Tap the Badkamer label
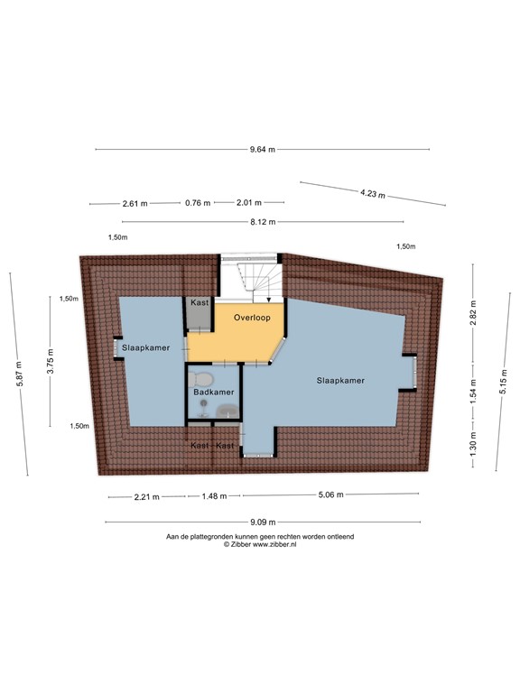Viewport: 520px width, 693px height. coord(214,393)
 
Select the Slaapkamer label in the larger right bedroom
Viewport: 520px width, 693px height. coord(340,381)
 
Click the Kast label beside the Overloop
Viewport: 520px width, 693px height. coord(199,303)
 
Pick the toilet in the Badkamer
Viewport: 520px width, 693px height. coord(203,377)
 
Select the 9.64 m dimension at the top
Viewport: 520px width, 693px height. coord(263,150)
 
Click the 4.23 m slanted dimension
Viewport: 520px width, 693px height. coord(372,193)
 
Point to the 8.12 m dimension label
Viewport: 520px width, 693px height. coord(263,221)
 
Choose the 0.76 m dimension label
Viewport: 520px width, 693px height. coord(197,203)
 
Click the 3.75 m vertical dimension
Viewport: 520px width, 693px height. coord(51,361)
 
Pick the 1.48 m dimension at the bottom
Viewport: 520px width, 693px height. coord(214,495)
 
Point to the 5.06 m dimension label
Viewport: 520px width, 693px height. coord(330,494)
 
